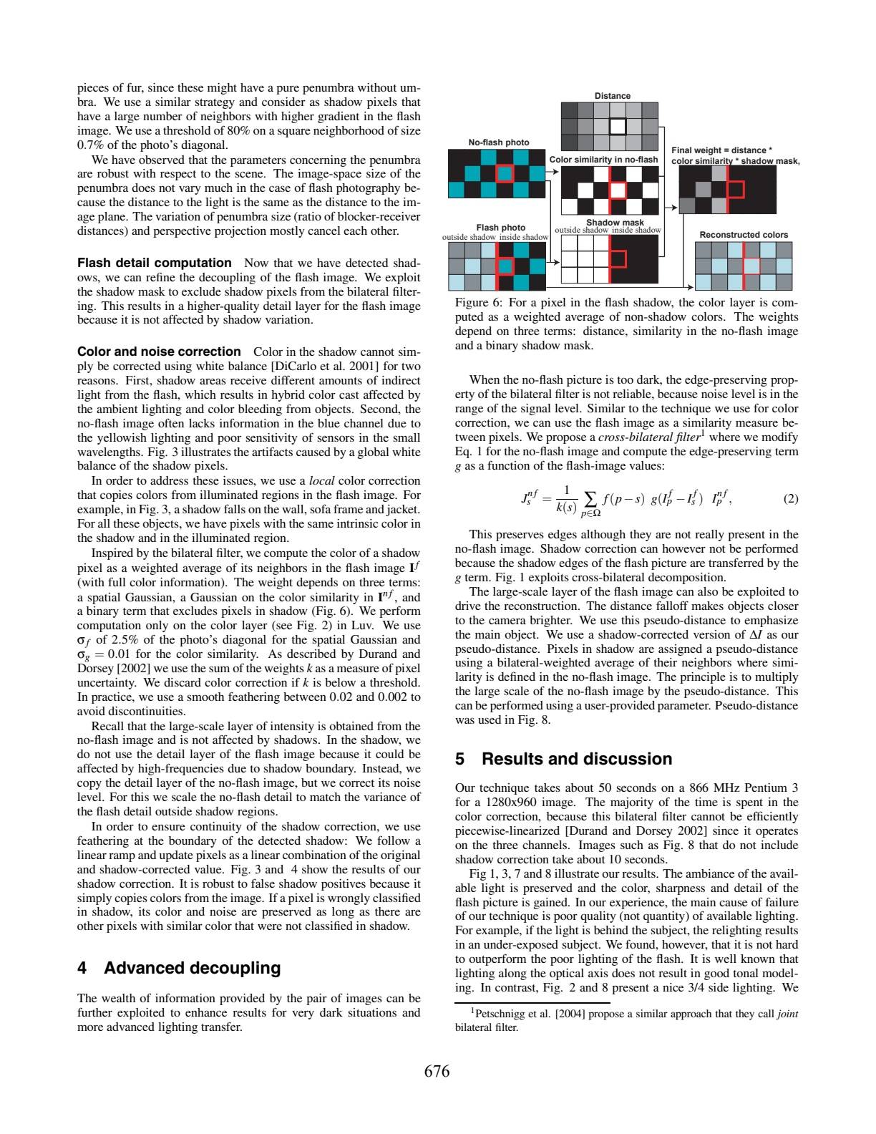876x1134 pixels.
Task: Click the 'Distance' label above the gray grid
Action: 613,96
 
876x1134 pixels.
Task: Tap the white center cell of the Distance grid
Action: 617,126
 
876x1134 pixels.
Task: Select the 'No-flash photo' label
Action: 499,142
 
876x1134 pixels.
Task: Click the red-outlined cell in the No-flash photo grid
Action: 506,173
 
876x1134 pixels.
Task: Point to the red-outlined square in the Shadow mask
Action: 618,258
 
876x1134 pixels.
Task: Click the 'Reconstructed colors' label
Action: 744,235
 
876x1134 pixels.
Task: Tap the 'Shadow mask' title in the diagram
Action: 615,223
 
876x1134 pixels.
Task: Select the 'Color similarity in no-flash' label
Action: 603,160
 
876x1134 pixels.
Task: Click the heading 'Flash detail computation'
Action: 155,263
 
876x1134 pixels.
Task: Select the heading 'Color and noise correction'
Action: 159,352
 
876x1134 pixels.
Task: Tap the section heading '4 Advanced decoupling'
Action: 179,968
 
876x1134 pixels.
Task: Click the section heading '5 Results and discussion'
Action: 564,759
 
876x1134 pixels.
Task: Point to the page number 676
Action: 437,1071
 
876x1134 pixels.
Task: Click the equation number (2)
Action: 790,500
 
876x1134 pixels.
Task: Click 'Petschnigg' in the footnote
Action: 500,1013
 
